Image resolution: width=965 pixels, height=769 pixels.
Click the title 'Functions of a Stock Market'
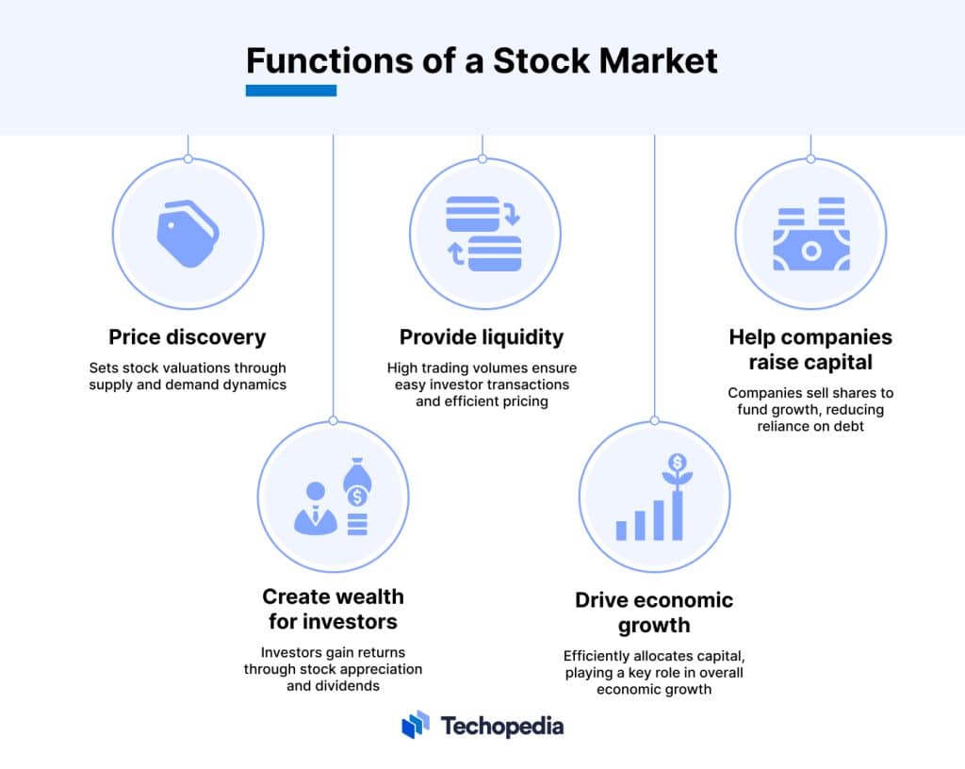pyautogui.click(x=482, y=61)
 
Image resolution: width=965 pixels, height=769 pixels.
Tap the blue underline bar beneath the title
pyautogui.click(x=291, y=90)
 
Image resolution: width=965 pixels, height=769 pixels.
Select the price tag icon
pyautogui.click(x=188, y=234)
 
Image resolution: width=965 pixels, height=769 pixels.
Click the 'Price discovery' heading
pyautogui.click(x=188, y=337)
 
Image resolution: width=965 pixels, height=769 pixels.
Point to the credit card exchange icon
pyautogui.click(x=483, y=234)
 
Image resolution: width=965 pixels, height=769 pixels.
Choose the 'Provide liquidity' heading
pyautogui.click(x=482, y=337)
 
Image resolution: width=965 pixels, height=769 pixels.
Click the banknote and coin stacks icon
pyautogui.click(x=811, y=234)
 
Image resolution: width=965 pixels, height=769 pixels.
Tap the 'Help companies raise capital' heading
pyautogui.click(x=810, y=350)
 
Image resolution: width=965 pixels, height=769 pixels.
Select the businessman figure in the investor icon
pyautogui.click(x=316, y=508)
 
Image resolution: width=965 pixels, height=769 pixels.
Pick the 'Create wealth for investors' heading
pyautogui.click(x=333, y=609)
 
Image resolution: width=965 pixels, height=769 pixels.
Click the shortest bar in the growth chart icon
pyautogui.click(x=622, y=531)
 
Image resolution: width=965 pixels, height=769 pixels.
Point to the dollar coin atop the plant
pyautogui.click(x=678, y=462)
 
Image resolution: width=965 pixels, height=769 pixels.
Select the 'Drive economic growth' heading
pyautogui.click(x=654, y=613)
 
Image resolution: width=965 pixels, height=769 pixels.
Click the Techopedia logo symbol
pyautogui.click(x=416, y=725)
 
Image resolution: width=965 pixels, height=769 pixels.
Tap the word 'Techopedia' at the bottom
pyautogui.click(x=502, y=727)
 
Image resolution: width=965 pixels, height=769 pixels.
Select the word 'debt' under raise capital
pyautogui.click(x=849, y=426)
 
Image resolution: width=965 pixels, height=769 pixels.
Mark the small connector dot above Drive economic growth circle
pyautogui.click(x=654, y=421)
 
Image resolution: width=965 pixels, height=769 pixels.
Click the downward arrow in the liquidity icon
pyautogui.click(x=512, y=213)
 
